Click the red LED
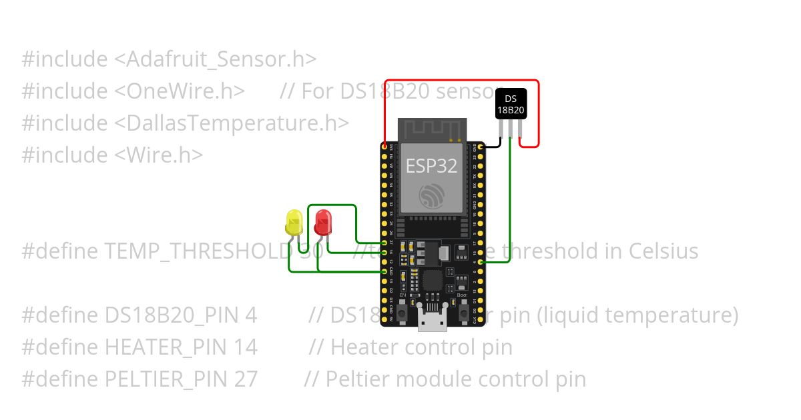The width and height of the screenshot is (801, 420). click(x=323, y=221)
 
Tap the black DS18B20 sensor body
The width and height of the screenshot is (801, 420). click(x=511, y=104)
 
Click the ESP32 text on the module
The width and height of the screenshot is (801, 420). click(x=432, y=166)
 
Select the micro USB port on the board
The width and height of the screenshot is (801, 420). click(x=432, y=321)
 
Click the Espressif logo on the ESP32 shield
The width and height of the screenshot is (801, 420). click(x=432, y=195)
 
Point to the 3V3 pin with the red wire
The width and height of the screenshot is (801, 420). click(x=384, y=145)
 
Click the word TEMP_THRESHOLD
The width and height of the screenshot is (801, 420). click(x=197, y=251)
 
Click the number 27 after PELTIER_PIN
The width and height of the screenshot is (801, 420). click(x=246, y=379)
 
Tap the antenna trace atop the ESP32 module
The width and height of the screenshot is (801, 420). click(x=432, y=129)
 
